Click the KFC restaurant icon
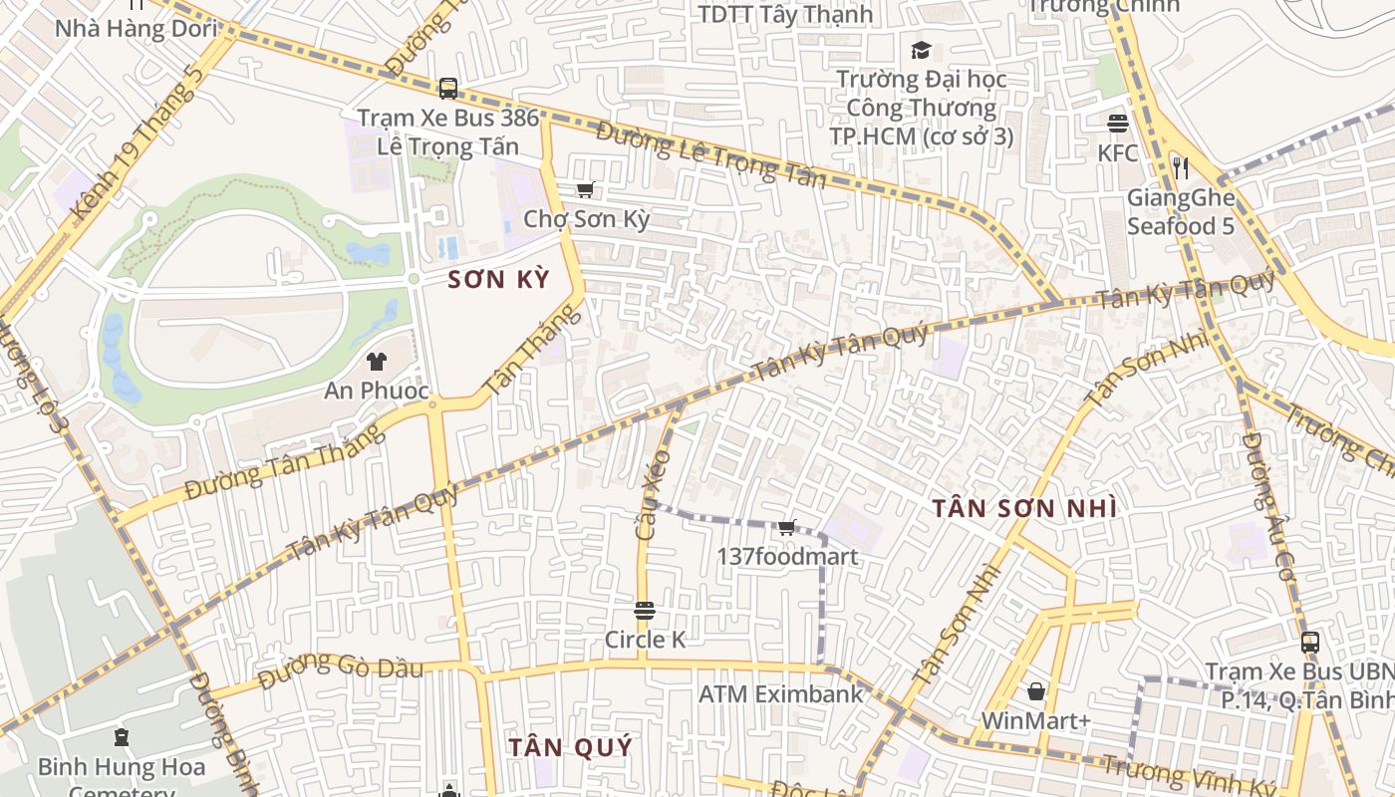tap(1117, 124)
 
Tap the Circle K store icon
tap(645, 610)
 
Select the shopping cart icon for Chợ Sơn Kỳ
tap(586, 189)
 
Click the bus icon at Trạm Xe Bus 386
tap(448, 89)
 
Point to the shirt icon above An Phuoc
tap(377, 361)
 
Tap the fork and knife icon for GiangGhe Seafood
tap(1181, 167)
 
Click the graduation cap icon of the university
tap(921, 50)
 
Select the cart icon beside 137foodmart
tap(786, 528)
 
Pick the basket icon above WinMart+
tap(1036, 691)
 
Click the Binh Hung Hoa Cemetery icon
tap(122, 738)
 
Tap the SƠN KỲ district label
tap(498, 280)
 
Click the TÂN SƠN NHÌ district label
tap(1024, 508)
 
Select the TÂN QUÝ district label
tap(570, 747)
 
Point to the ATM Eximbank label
tap(781, 693)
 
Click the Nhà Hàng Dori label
tap(136, 28)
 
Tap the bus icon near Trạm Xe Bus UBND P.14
tap(1310, 643)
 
